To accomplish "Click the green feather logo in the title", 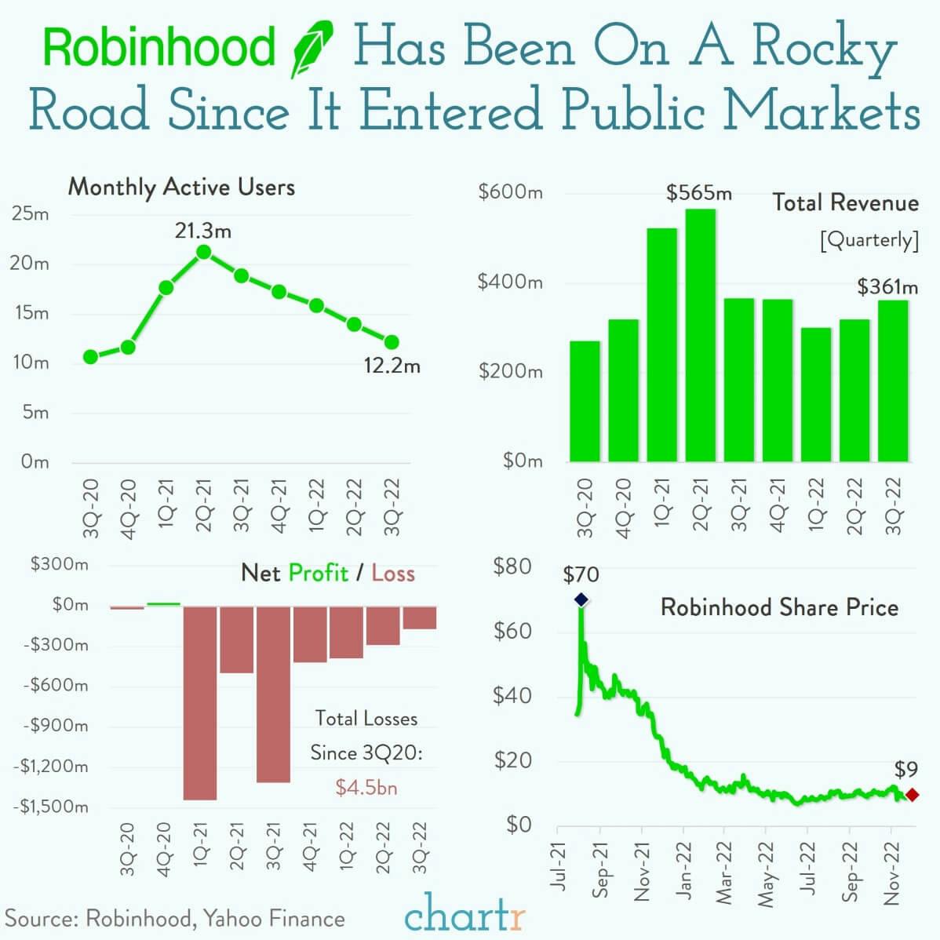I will [312, 49].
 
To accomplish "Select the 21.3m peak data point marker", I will [203, 252].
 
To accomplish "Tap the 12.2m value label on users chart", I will [392, 366].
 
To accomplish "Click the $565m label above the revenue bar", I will [698, 192].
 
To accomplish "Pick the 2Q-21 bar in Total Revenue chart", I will [700, 335].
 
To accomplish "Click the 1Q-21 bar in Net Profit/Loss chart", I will [199, 702].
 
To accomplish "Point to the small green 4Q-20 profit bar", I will [163, 603].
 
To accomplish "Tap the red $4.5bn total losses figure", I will [366, 787].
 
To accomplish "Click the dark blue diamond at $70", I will [581, 599].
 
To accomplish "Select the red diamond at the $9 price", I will [911, 795].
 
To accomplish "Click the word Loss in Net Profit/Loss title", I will [392, 574].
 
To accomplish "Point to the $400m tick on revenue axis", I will [510, 282].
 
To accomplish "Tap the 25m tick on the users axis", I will [31, 213].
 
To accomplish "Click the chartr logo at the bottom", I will [465, 914].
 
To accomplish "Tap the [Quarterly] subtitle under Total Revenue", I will [868, 239].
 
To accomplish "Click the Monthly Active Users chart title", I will [181, 187].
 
